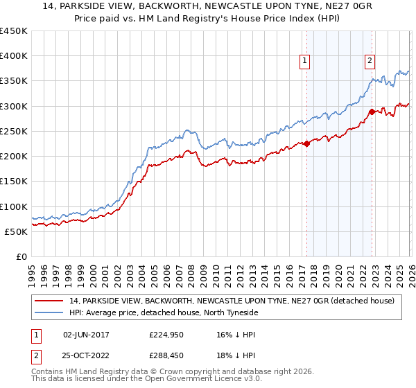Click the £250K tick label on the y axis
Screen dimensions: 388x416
(14, 132)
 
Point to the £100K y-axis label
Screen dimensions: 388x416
(14, 206)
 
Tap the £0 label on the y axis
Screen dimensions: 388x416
(22, 257)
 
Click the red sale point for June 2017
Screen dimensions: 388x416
(306, 144)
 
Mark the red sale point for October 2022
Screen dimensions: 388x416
(372, 112)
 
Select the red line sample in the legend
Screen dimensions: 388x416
(51, 301)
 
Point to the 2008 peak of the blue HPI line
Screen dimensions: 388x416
(187, 130)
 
